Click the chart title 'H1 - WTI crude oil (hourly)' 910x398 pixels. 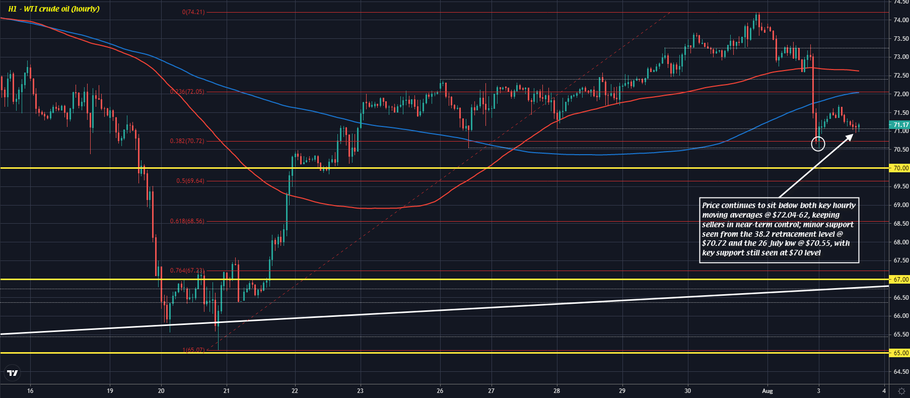point(54,9)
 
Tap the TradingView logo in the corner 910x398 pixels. point(12,373)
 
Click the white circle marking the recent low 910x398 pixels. point(818,145)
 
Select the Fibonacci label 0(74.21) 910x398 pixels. point(193,12)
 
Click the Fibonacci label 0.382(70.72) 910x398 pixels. point(187,141)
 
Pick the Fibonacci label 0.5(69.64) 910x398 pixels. point(190,181)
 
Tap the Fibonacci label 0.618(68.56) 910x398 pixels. point(187,221)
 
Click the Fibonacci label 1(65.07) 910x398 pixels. point(193,350)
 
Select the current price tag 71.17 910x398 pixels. point(900,125)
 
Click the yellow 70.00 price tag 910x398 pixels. point(900,168)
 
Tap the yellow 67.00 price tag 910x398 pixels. point(900,279)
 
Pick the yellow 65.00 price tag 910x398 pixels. point(900,353)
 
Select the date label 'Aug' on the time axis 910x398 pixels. point(767,390)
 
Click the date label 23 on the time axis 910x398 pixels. point(360,390)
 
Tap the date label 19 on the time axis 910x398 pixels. point(110,390)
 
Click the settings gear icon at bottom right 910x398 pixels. point(901,390)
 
